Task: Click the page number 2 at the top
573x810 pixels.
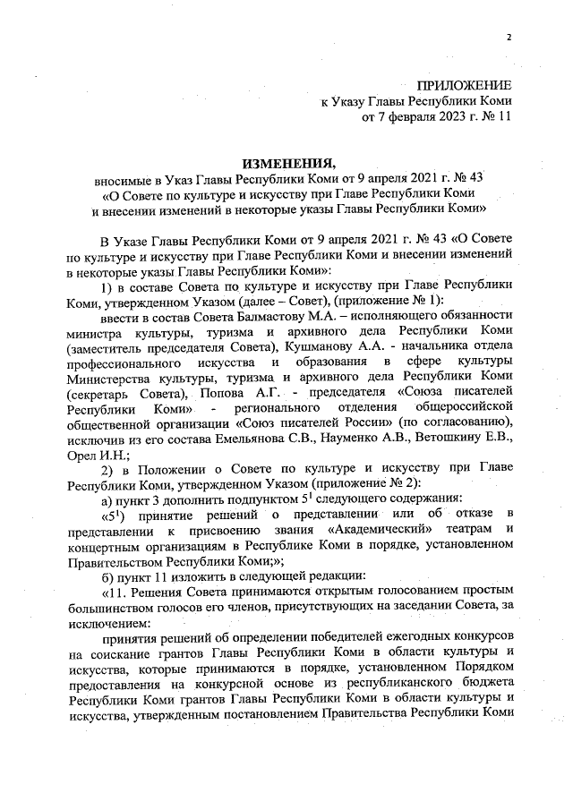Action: (x=508, y=38)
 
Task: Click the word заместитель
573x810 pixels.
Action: (x=107, y=346)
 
